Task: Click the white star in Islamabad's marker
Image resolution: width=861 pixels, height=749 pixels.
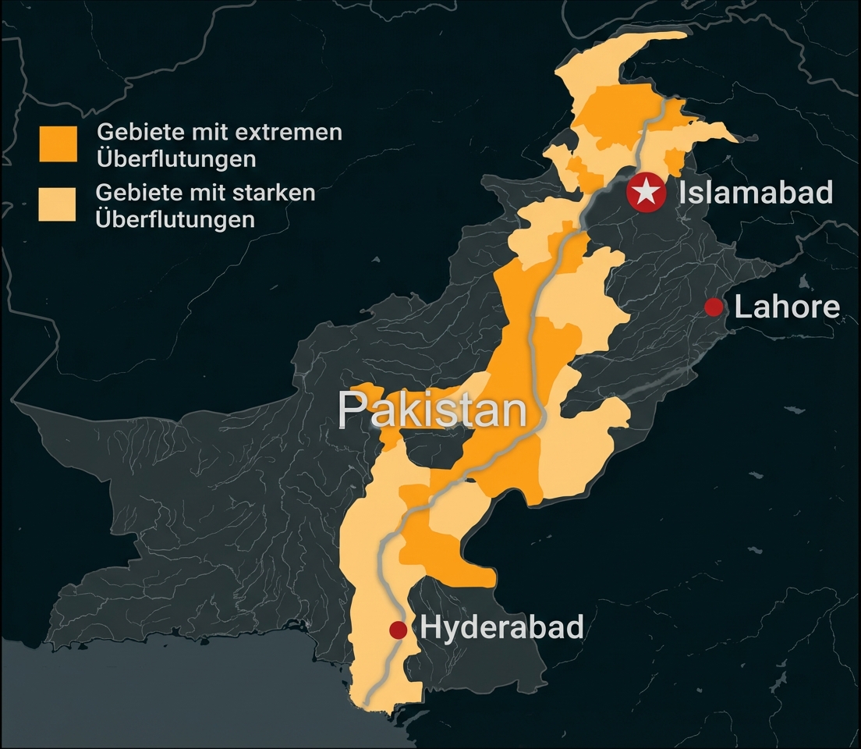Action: click(647, 191)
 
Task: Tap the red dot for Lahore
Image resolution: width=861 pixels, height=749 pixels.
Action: click(714, 307)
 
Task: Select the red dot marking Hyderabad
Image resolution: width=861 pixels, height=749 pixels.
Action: click(399, 629)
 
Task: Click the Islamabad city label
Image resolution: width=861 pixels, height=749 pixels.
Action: click(756, 192)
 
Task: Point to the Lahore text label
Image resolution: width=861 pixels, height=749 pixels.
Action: click(787, 307)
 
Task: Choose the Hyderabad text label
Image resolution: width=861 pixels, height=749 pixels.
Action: click(502, 627)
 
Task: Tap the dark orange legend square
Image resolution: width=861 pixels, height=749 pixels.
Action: click(58, 144)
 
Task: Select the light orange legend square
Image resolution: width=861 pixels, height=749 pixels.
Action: click(57, 204)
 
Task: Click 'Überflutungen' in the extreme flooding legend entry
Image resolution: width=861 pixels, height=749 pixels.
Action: click(176, 159)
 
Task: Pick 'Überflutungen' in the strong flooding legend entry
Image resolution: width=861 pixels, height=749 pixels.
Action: click(175, 219)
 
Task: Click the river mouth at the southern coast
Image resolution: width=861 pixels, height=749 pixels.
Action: click(366, 702)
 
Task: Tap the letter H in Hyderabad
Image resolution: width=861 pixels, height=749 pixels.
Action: click(430, 627)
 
